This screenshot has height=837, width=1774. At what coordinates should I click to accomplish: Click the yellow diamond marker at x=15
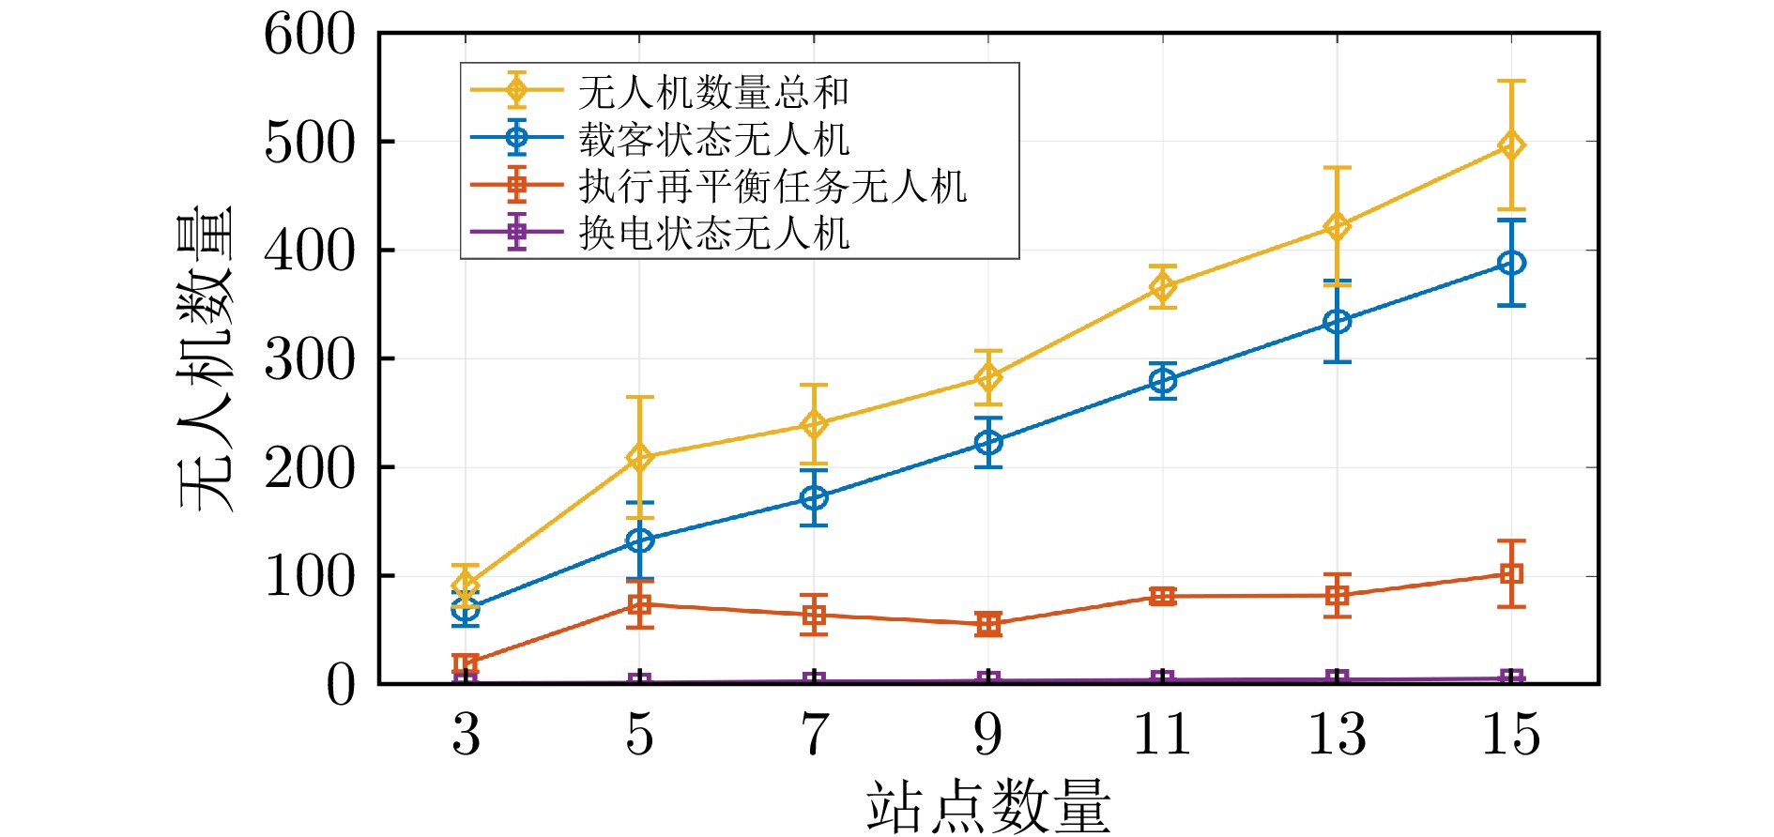[1511, 145]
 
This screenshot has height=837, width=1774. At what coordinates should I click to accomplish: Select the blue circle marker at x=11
[1163, 381]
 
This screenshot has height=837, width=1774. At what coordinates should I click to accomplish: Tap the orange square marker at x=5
[639, 604]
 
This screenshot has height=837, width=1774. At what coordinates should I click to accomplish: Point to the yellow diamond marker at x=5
[639, 458]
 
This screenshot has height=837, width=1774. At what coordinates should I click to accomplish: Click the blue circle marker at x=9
[988, 442]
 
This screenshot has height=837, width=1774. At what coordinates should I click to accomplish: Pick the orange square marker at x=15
[1511, 573]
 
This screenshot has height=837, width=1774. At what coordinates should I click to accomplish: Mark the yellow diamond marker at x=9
[988, 377]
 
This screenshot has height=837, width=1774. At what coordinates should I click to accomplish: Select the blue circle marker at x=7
[814, 497]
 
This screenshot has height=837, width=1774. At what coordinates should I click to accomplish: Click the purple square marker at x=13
[1338, 679]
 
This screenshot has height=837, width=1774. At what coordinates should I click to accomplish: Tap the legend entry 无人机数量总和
[713, 92]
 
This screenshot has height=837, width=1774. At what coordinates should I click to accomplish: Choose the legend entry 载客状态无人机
[713, 140]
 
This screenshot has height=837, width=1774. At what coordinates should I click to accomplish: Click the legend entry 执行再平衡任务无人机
[772, 186]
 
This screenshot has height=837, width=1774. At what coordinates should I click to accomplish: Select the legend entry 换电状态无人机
[713, 233]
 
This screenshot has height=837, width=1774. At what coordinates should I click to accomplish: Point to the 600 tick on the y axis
[310, 36]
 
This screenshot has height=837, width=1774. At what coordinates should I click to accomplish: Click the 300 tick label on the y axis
[310, 359]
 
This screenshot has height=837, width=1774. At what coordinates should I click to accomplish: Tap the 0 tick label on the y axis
[341, 685]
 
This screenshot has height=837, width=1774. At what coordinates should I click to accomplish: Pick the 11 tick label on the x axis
[1163, 734]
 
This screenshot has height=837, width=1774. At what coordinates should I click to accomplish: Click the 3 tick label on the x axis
[466, 734]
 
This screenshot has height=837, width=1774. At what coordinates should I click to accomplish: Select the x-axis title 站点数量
[987, 807]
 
